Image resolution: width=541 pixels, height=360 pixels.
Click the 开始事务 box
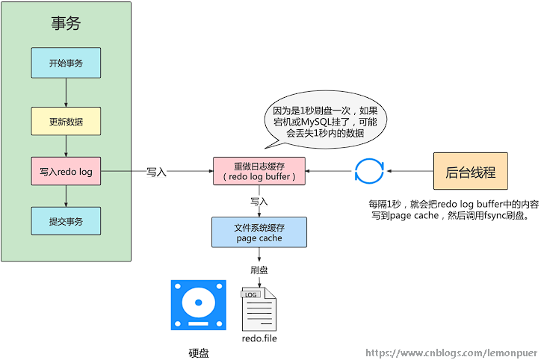pos(66,63)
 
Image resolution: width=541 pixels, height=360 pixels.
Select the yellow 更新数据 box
pos(66,121)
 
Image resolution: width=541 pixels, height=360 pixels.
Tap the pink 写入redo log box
pos(66,172)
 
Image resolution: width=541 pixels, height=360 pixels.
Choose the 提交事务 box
pos(66,221)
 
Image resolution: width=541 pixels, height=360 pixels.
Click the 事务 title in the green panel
pos(66,23)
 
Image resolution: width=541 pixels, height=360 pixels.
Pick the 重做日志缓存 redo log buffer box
pos(259,172)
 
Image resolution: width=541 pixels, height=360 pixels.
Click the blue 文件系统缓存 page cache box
pos(259,233)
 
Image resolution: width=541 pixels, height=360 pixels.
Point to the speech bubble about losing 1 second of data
pos(324,122)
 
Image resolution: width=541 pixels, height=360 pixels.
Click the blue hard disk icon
pos(198,304)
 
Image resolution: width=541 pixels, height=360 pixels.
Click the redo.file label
pos(259,338)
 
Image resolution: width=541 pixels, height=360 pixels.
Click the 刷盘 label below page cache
pos(259,270)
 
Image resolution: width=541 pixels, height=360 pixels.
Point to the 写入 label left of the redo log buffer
pos(156,172)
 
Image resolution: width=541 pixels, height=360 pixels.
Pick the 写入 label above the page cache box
pos(259,202)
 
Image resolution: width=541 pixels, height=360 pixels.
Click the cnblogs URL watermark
pos(451,352)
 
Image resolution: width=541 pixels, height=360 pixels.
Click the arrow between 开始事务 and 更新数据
pos(66,93)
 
